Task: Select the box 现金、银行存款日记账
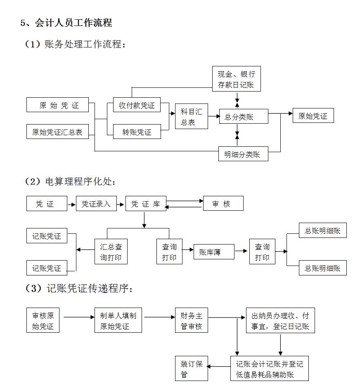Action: pyautogui.click(x=237, y=80)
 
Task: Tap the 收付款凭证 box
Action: pyautogui.click(x=137, y=105)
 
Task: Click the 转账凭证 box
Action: pyautogui.click(x=137, y=132)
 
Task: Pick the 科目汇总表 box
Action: pyautogui.click(x=191, y=117)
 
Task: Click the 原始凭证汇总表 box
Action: pyautogui.click(x=57, y=132)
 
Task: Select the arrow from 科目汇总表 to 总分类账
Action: pyautogui.click(x=213, y=117)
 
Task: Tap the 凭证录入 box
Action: pyautogui.click(x=96, y=204)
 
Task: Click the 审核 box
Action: pyautogui.click(x=223, y=204)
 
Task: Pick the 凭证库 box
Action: pyautogui.click(x=146, y=204)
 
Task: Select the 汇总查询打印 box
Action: pyautogui.click(x=111, y=252)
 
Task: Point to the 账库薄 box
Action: pyautogui.click(x=214, y=252)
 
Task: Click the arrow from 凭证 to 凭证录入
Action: pyautogui.click(x=71, y=204)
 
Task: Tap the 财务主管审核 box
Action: pyautogui.click(x=191, y=321)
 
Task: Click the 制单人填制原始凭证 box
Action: pyautogui.click(x=118, y=321)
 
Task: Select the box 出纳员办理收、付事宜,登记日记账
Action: pyautogui.click(x=280, y=321)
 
